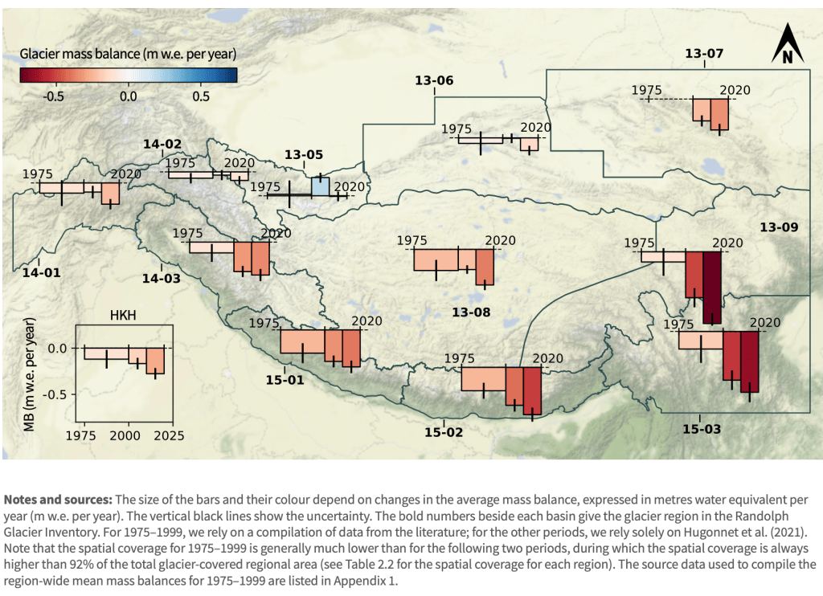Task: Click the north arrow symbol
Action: pos(788,43)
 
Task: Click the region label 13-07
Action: pos(704,54)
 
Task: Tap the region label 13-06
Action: pos(434,80)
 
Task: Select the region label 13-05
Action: pos(304,155)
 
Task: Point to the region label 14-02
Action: pos(162,145)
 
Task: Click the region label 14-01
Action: pos(41,273)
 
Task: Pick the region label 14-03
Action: pos(161,279)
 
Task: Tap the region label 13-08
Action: pos(471,312)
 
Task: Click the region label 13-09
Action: pos(779,227)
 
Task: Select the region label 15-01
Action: pos(285,380)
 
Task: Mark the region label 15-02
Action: pos(444,432)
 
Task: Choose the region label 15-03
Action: pos(702,429)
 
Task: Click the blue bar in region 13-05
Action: pos(320,187)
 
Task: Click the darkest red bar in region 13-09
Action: pos(712,288)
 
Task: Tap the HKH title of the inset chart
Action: pos(123,316)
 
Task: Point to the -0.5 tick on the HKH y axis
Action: pos(57,394)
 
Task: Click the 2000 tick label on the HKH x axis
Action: pos(125,436)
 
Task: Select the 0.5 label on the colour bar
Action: pos(200,96)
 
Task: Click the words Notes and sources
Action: pos(58,500)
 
